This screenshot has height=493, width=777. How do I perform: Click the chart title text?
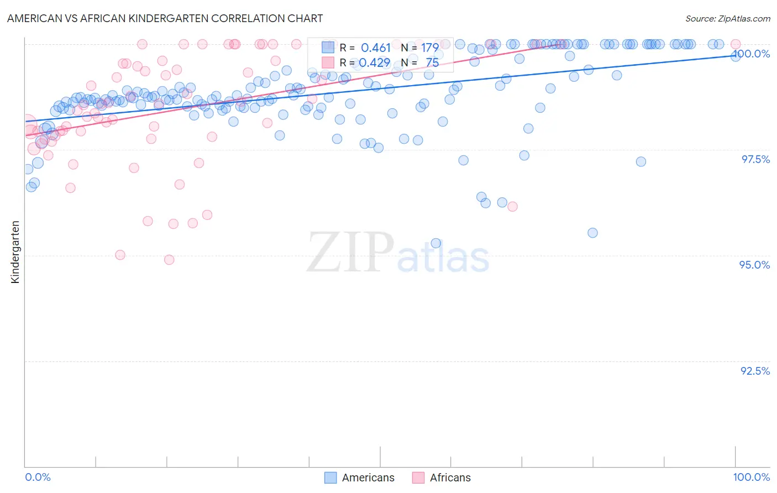click(x=165, y=18)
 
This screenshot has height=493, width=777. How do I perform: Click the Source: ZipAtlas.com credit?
click(x=727, y=18)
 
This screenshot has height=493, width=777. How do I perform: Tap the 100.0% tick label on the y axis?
click(x=751, y=54)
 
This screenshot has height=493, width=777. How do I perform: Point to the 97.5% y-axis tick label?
click(x=755, y=159)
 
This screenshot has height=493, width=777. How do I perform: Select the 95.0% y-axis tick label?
click(x=754, y=265)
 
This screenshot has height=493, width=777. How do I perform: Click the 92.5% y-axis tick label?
click(x=755, y=371)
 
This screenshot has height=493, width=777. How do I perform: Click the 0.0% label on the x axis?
click(x=38, y=478)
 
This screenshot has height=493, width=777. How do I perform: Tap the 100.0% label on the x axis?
click(x=751, y=478)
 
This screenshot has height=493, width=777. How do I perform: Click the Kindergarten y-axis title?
click(x=15, y=252)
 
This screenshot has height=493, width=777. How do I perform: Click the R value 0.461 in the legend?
click(x=375, y=48)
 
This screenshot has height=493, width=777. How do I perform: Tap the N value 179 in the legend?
click(x=429, y=48)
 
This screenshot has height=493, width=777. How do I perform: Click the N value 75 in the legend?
click(x=432, y=63)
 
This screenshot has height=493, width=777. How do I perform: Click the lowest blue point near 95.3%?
click(x=435, y=243)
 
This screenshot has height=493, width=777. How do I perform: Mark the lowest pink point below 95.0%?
click(x=169, y=260)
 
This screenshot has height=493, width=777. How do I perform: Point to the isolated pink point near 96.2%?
click(x=512, y=207)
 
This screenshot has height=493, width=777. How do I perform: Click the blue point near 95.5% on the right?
click(x=592, y=233)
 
